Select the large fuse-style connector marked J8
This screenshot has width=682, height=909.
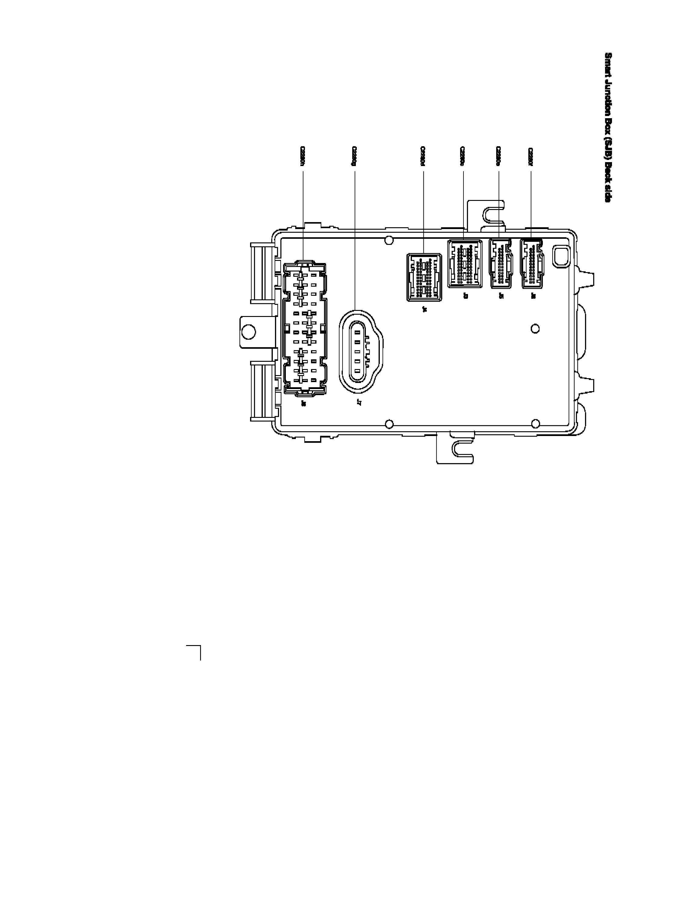tap(305, 329)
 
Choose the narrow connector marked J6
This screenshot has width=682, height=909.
tap(532, 263)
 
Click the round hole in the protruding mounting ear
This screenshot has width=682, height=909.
tap(249, 331)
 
